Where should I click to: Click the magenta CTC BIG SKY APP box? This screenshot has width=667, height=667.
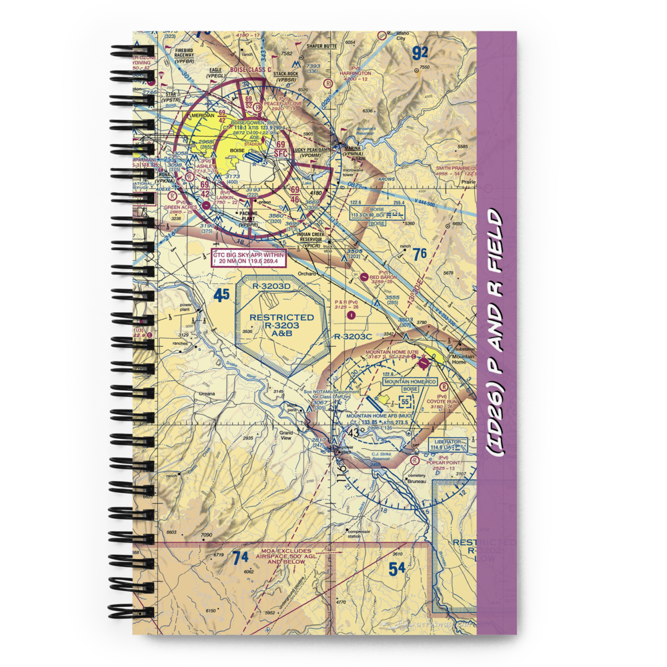(x=249, y=258)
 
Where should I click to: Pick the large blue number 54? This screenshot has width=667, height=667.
(x=397, y=568)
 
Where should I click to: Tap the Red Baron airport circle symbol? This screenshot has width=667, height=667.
(x=364, y=276)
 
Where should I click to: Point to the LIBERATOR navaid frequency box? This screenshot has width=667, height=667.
(x=448, y=444)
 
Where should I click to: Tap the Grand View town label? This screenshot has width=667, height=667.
(x=287, y=437)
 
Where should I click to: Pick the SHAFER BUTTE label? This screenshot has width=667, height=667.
(x=321, y=45)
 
